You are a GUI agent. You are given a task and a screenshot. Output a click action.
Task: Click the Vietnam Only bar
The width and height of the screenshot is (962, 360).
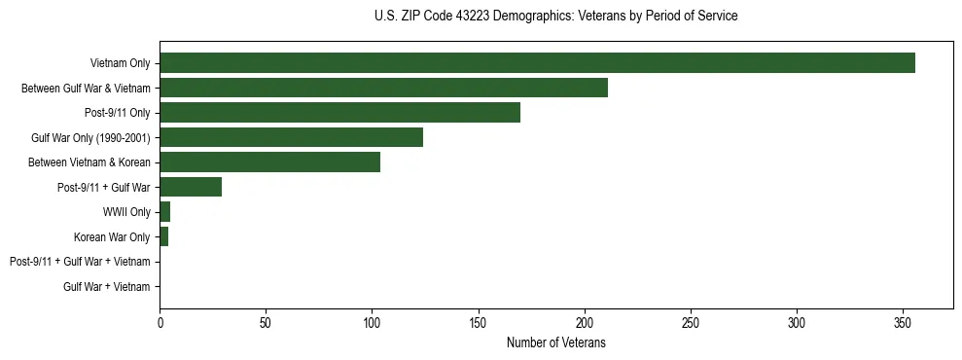click(537, 63)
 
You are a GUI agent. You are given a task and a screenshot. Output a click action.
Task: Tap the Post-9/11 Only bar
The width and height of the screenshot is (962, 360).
click(339, 113)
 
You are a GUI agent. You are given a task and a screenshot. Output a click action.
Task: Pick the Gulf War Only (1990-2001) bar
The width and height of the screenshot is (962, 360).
click(291, 137)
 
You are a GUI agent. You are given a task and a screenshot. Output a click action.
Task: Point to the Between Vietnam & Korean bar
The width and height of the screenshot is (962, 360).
click(269, 162)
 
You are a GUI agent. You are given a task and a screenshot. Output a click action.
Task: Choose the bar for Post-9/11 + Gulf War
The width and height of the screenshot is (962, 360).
click(191, 187)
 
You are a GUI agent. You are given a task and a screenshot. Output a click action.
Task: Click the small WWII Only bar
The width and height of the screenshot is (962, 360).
click(165, 212)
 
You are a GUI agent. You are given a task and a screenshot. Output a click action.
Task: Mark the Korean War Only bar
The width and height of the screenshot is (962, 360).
click(164, 236)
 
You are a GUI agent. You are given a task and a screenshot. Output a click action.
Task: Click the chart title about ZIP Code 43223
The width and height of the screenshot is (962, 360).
click(555, 17)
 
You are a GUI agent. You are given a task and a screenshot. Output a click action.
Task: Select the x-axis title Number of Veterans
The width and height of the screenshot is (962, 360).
click(555, 342)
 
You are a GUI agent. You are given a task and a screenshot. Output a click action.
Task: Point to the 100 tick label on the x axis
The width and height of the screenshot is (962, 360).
click(372, 322)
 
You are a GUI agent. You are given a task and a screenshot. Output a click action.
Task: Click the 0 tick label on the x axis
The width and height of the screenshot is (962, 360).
click(160, 322)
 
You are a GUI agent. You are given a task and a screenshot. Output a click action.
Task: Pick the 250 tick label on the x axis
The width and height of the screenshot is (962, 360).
click(691, 322)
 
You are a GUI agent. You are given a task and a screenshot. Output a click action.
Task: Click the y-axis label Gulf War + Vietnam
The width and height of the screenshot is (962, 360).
click(107, 286)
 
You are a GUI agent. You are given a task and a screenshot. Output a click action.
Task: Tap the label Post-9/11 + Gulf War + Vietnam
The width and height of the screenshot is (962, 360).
click(80, 262)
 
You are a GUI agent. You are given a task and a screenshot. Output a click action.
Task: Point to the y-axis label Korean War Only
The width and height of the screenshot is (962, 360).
click(112, 236)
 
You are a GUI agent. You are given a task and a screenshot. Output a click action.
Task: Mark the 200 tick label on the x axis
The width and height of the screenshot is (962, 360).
click(585, 322)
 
